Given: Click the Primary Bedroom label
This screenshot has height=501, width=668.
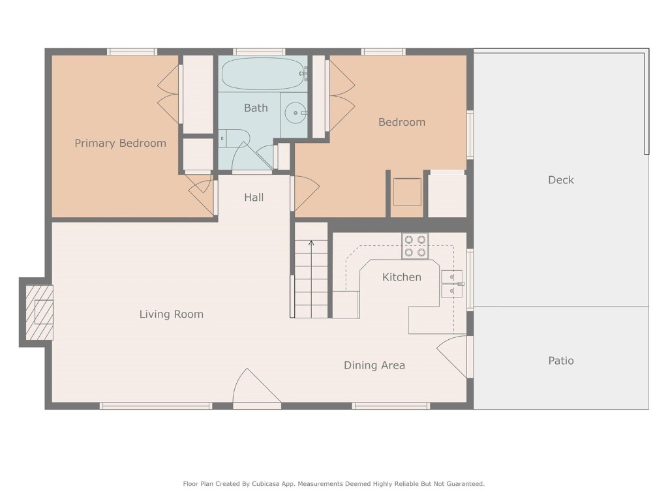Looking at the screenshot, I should click(120, 144).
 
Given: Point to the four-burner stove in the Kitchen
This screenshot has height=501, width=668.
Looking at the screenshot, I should click(415, 246).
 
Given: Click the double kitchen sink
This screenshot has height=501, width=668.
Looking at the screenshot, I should click(451, 284).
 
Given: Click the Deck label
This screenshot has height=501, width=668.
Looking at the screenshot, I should click(560, 180).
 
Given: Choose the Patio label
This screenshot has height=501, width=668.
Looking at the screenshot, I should click(560, 361).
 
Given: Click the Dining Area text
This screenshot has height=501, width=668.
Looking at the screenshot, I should click(374, 365).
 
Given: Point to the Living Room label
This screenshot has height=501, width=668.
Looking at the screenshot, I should click(172, 314).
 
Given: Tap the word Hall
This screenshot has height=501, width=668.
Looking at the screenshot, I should click(254, 197).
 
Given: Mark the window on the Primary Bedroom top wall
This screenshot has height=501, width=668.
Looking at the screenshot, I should click(132, 52).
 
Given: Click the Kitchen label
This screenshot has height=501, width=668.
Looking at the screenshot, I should click(401, 277).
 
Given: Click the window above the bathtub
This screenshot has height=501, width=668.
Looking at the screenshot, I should click(259, 52).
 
